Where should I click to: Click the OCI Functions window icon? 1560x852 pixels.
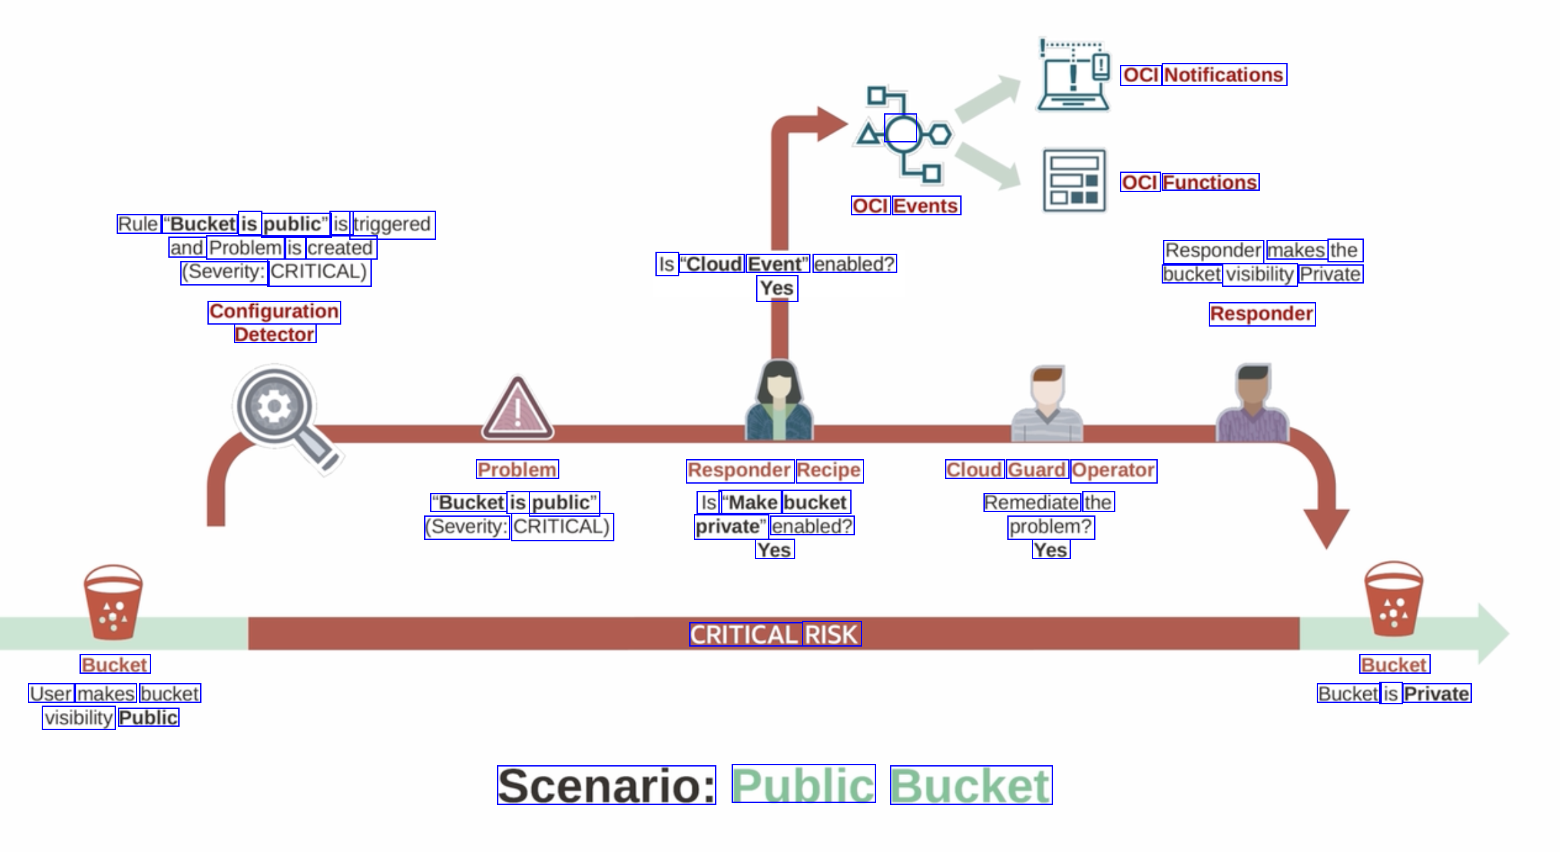tap(1074, 180)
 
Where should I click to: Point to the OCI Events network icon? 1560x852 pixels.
tap(903, 134)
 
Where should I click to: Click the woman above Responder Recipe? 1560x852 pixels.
tap(779, 401)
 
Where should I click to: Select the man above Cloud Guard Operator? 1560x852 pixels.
tap(1047, 404)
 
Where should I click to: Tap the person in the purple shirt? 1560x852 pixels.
tap(1253, 404)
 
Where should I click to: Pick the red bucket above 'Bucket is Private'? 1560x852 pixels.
tap(1394, 599)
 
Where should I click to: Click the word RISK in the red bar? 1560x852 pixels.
tap(832, 635)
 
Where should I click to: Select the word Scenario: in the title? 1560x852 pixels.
tap(606, 786)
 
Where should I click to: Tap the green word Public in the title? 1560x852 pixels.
tap(803, 785)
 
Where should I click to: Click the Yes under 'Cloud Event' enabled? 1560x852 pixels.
tap(777, 288)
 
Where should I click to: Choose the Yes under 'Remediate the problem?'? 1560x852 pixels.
tap(1050, 550)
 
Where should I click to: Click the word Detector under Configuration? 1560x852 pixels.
tap(275, 334)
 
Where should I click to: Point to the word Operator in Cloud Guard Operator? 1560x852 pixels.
tap(1113, 470)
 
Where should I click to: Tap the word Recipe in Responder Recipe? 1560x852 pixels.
tap(829, 470)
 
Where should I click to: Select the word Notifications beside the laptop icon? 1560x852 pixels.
tap(1224, 75)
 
